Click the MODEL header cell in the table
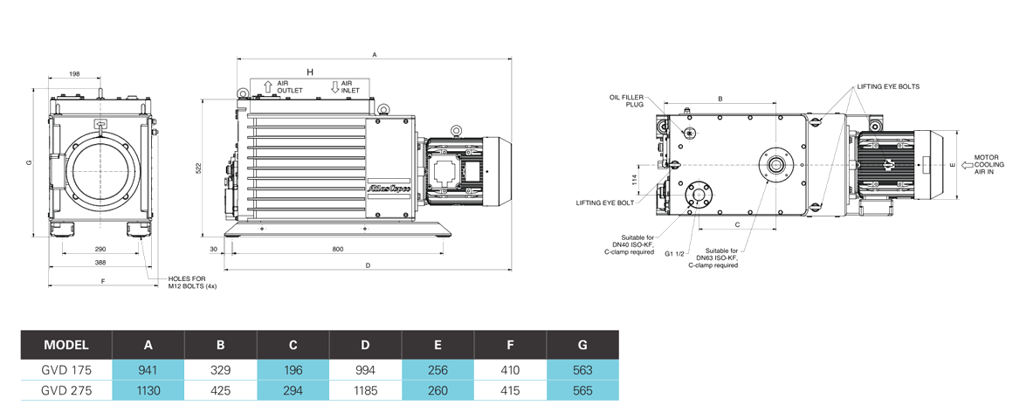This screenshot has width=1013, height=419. point(66,345)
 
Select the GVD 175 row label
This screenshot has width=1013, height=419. point(66,369)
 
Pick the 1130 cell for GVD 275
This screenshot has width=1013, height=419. point(148,390)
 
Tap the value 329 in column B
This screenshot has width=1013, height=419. point(221,369)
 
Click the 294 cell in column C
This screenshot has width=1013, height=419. point(293,390)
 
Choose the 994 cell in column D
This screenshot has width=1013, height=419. point(365,369)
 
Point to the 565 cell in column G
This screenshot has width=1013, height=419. point(582,390)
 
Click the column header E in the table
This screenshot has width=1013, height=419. point(438,345)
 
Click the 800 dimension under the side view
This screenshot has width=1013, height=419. point(338,250)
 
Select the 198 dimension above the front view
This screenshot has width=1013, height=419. point(74,74)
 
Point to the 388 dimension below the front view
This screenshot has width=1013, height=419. point(100,262)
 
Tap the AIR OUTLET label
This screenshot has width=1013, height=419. point(290,87)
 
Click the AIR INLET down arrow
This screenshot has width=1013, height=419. point(334,86)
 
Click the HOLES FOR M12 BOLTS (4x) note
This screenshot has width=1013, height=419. point(192,282)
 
